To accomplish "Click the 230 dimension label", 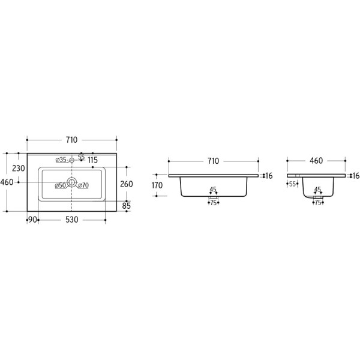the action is coord(19,168).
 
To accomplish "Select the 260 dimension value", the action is coord(127,184).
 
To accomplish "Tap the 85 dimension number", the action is coord(126,206).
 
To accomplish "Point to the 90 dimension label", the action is coord(32,220).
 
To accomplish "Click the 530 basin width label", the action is coord(72,220).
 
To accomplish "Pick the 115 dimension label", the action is coord(93,160).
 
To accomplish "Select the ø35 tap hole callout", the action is coord(61,160).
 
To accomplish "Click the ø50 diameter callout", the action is coord(61,185).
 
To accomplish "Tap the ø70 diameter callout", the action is coord(83,185).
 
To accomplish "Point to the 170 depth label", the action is coord(157,185).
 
